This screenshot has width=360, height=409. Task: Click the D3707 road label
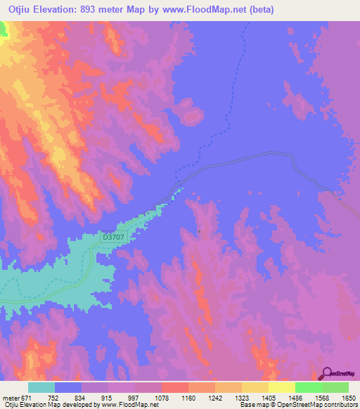click(113, 238)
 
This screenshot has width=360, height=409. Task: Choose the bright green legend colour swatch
click(308, 387)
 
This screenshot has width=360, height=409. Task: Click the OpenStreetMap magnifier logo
click(327, 372)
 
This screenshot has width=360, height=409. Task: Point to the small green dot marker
click(199, 231)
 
